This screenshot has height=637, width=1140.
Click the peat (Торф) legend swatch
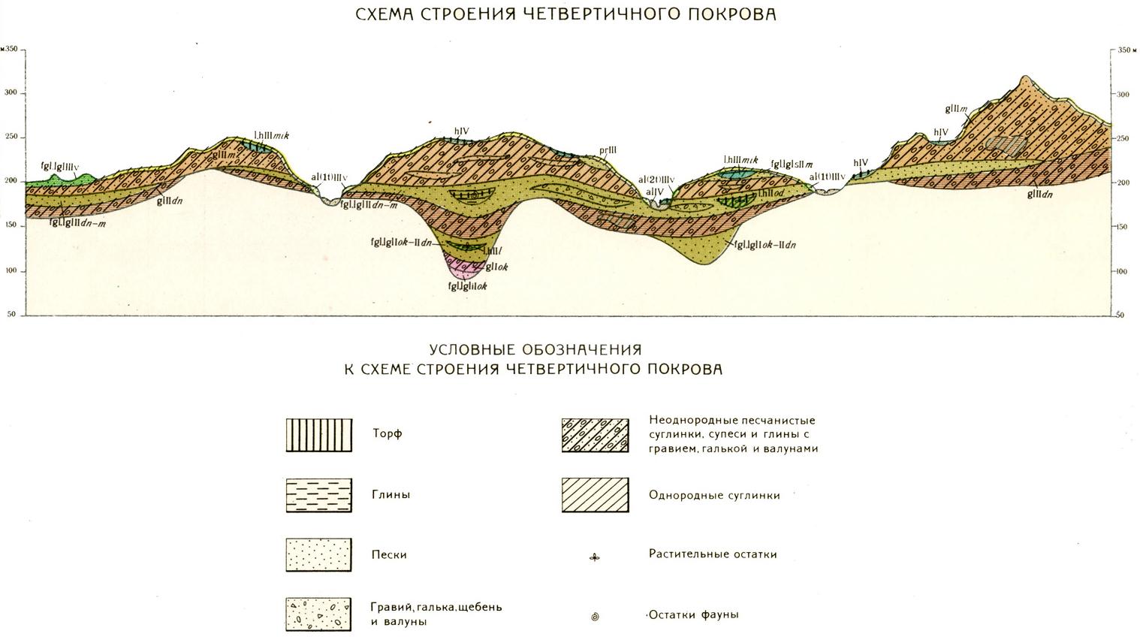pos(319,434)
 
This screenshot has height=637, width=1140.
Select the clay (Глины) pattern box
pos(319,495)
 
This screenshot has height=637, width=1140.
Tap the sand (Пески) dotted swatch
pos(319,555)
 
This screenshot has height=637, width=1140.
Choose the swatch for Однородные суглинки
pos(595,495)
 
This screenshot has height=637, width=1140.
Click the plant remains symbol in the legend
pos(595,557)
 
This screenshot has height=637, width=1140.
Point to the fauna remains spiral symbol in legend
pos(595,617)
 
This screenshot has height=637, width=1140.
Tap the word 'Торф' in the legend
pos(388,433)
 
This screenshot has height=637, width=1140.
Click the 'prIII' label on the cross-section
pos(608,150)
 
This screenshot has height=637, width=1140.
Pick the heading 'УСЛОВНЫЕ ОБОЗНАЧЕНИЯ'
pos(535,350)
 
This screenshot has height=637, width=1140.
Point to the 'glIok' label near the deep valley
pos(496,267)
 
